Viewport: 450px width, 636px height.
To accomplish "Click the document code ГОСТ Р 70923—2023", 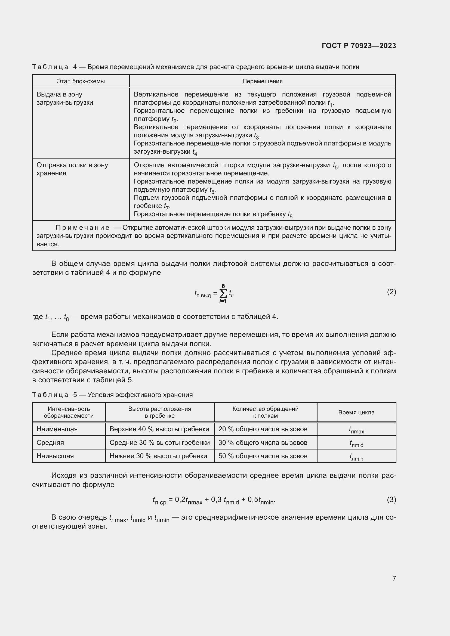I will tap(359, 46).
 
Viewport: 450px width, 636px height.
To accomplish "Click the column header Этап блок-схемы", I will tap(81, 81).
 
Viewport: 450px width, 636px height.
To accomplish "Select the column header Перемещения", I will tap(262, 81).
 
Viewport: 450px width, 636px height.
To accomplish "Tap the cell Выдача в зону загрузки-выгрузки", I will tap(64, 98).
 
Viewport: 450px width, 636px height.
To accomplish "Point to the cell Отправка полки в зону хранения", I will tap(72, 169).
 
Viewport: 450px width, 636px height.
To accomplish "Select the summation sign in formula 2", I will tap(223, 293).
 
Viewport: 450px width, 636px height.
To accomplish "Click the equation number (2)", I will tap(391, 292).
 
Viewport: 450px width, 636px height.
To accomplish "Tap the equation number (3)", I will tap(391, 500).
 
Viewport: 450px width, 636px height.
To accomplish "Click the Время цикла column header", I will tap(356, 412).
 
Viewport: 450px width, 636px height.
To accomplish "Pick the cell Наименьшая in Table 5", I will tap(57, 429).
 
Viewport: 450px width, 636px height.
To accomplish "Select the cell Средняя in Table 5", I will tap(50, 442).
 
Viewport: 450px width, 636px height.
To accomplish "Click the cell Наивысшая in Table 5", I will tap(55, 456).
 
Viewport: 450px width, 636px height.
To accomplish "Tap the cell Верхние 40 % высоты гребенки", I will tap(159, 429).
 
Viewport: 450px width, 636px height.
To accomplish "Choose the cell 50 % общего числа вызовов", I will tap(263, 456).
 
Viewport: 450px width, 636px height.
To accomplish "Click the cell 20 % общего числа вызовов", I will tap(263, 429).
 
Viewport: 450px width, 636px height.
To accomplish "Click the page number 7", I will tap(394, 578).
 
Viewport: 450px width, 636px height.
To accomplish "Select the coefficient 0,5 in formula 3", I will tap(252, 500).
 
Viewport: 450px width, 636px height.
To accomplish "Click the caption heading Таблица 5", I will tap(50, 395).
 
